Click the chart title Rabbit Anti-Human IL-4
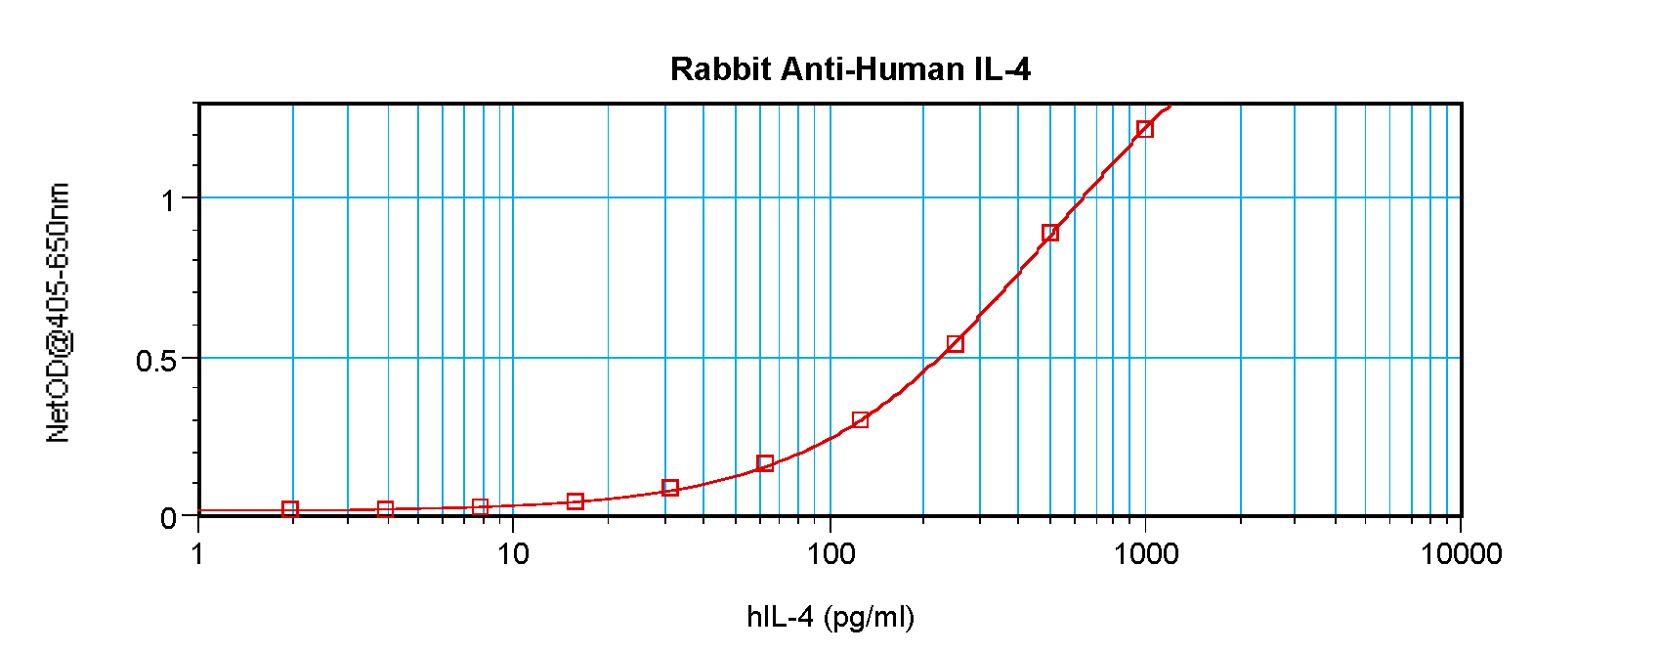(850, 69)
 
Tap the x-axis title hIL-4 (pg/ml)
(830, 617)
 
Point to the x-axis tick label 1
(198, 554)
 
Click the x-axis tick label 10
(513, 554)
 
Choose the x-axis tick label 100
(830, 554)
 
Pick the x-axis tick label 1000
(1145, 554)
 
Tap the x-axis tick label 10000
(1461, 554)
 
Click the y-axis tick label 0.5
(156, 361)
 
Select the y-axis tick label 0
(168, 518)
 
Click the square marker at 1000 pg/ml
(1144, 129)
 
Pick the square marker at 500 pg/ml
(1049, 233)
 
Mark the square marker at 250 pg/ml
(955, 343)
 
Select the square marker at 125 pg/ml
(860, 420)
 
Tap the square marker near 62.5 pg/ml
(765, 463)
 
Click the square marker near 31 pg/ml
(670, 488)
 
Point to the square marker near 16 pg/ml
(575, 501)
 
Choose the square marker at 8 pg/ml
(480, 507)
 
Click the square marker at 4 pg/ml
(385, 509)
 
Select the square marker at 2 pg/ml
(290, 509)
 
